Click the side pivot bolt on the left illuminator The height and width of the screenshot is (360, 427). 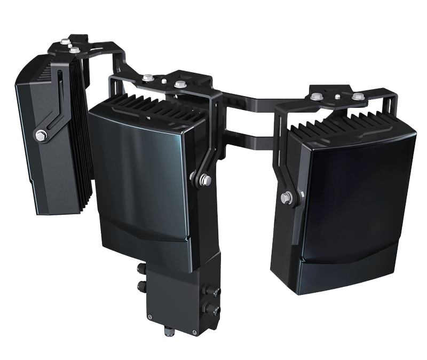40,135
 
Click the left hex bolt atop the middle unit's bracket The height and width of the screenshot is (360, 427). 148,79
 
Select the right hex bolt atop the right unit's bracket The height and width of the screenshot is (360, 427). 356,98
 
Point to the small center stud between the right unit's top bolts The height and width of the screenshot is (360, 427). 337,96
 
